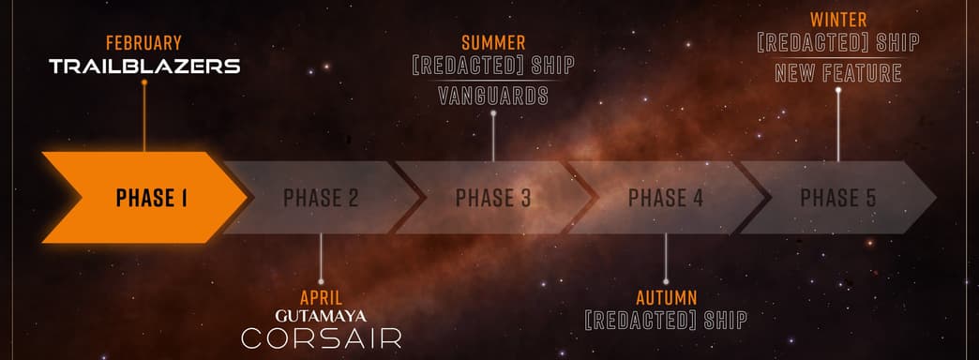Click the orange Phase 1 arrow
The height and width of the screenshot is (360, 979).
[x=141, y=198]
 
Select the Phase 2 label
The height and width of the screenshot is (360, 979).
[x=321, y=198]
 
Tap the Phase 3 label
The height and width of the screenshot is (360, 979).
[x=493, y=198]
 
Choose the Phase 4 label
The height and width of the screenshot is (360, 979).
[x=666, y=198]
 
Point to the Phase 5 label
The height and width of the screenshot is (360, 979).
[x=838, y=198]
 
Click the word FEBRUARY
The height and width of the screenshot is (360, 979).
[x=143, y=43]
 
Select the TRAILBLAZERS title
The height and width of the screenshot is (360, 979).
[x=144, y=67]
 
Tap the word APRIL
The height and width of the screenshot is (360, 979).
[x=321, y=297]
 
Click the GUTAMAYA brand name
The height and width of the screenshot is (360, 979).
[x=321, y=316]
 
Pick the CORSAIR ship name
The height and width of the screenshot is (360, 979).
[x=321, y=338]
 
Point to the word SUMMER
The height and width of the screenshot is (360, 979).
[x=493, y=43]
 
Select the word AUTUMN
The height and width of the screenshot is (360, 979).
[x=666, y=297]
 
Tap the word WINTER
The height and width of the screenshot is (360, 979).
[x=838, y=20]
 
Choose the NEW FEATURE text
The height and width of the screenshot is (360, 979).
[x=838, y=72]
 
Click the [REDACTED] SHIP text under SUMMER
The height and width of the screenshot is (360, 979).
[x=493, y=67]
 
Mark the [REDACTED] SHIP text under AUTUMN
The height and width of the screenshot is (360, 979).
[x=666, y=321]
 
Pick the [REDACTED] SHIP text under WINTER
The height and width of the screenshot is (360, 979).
[x=838, y=43]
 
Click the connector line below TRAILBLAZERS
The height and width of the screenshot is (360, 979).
[x=144, y=117]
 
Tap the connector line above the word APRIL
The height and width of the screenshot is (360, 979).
[x=321, y=258]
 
